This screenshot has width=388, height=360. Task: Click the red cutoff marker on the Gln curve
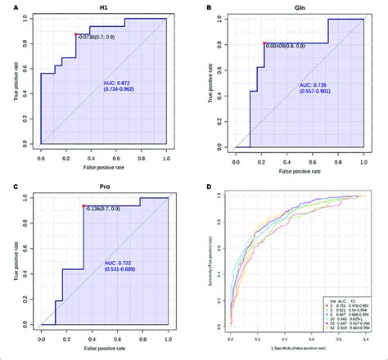264,43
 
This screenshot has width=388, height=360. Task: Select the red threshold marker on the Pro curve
83,206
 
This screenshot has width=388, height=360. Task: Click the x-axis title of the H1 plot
103,165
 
